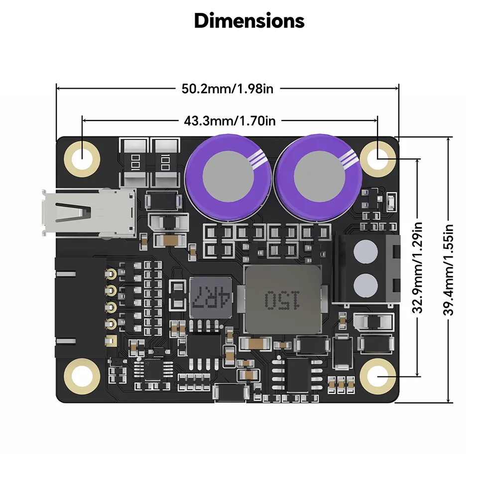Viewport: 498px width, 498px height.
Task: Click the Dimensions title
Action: pos(249,21)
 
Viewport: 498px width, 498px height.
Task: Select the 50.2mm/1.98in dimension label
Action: pos(228,89)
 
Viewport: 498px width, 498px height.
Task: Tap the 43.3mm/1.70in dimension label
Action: pos(230,121)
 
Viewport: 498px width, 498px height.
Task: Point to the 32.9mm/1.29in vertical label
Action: pos(418,267)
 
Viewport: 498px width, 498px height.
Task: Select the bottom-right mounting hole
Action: pos(377,376)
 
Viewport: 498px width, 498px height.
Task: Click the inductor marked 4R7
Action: pos(211,299)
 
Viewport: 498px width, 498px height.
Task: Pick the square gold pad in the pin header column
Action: pos(111,341)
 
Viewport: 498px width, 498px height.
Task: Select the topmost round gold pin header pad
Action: pos(111,273)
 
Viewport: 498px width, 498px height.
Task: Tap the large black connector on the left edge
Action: pos(80,309)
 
